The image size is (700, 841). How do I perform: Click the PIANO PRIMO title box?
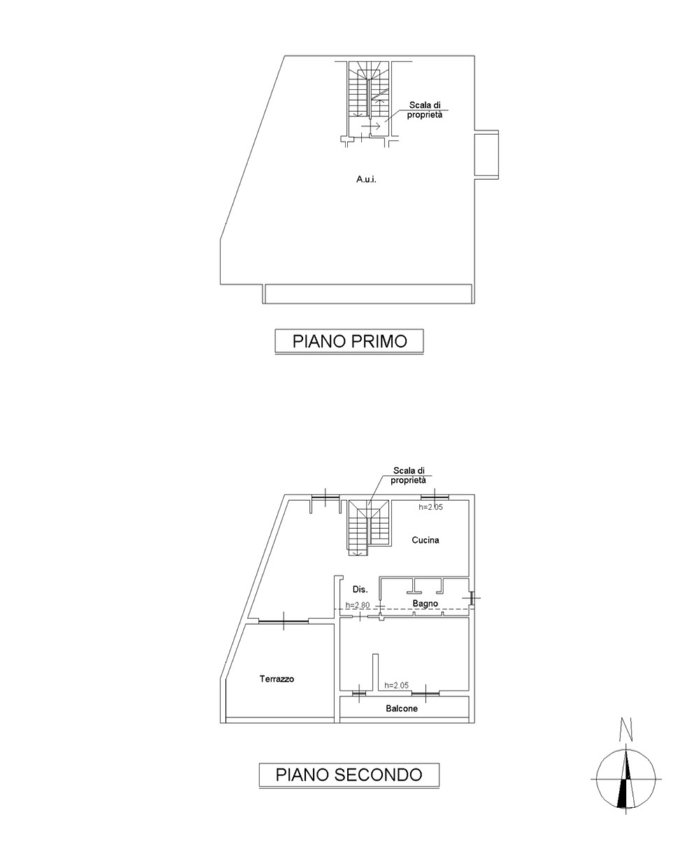[349, 341]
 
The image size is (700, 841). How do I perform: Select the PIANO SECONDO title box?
[349, 774]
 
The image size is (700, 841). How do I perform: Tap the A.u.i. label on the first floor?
[366, 179]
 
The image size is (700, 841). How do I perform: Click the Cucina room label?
[425, 539]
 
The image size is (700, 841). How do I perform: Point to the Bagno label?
[425, 603]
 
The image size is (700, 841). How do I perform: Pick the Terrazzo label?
[276, 679]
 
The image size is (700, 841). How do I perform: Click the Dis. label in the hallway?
[360, 589]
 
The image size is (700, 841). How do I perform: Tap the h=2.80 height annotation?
[357, 605]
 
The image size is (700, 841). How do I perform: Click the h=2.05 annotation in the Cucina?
[430, 507]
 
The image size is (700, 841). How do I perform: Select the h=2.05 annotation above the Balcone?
[397, 685]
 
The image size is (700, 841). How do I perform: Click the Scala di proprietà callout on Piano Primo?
[424, 110]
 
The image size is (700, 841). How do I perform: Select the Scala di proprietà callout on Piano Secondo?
[408, 475]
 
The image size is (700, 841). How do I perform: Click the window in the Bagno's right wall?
[471, 598]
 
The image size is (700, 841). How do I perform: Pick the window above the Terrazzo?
[283, 621]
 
